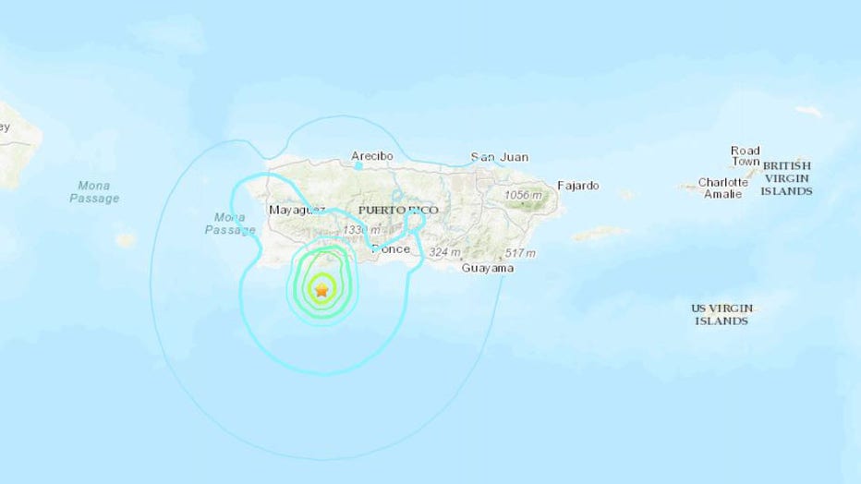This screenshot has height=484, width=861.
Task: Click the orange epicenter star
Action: (x=321, y=290)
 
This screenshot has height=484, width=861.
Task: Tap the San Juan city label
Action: (x=499, y=157)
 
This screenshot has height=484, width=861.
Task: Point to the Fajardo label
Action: (x=577, y=186)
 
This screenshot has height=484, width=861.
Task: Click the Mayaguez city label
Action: (x=296, y=211)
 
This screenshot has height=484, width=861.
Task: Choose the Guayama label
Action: (x=489, y=268)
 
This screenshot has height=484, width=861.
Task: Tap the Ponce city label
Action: (x=390, y=249)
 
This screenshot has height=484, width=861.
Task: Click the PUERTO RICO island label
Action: (x=398, y=211)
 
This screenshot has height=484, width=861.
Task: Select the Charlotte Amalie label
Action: (x=722, y=188)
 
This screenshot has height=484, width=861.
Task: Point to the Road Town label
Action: (x=745, y=156)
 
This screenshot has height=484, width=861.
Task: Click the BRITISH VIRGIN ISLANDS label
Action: (x=786, y=178)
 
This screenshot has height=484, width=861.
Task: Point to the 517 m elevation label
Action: (x=520, y=253)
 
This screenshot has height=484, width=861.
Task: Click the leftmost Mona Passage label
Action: (x=94, y=192)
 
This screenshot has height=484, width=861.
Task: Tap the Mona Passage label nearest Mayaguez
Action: (x=229, y=224)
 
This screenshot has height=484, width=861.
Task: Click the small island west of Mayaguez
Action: (x=126, y=240)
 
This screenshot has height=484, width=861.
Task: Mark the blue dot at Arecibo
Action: (x=358, y=166)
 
